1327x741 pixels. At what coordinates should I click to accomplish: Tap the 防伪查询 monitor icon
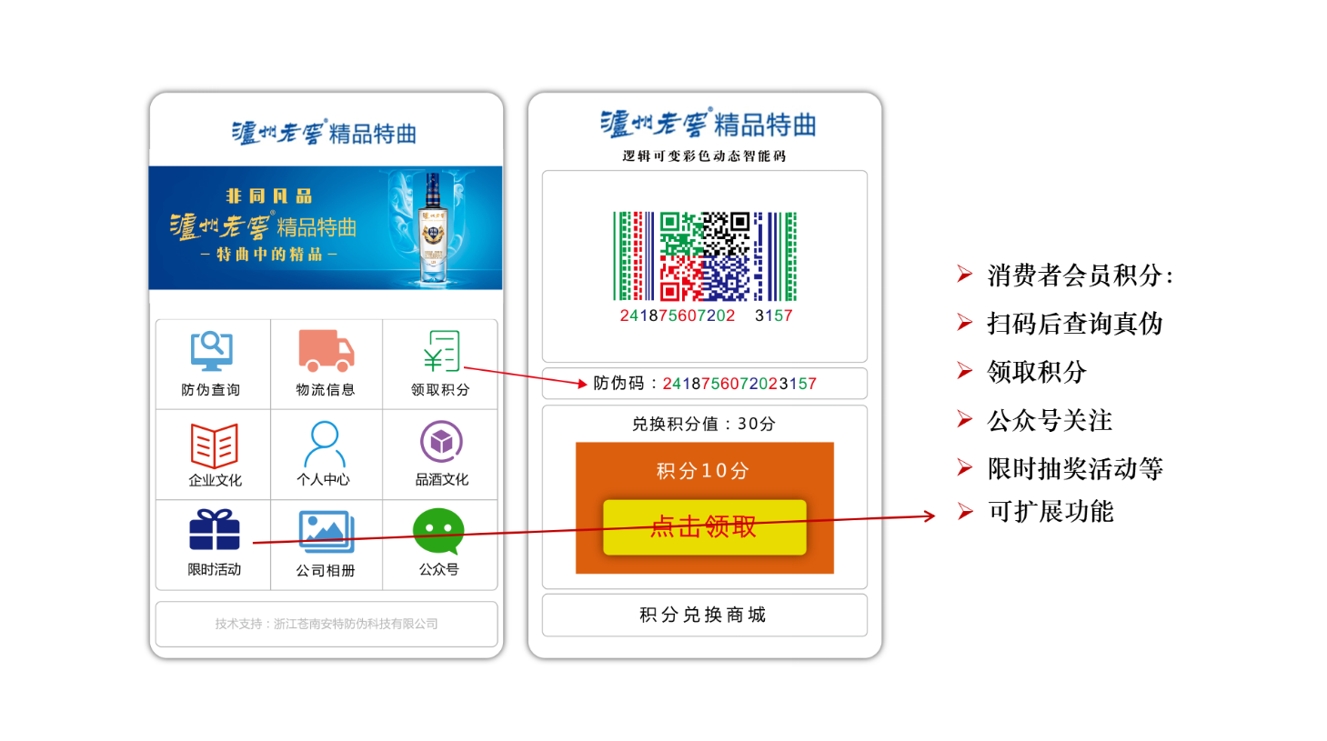(212, 351)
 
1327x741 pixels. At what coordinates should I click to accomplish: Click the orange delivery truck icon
(327, 350)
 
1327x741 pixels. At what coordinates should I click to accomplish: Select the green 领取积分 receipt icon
(442, 351)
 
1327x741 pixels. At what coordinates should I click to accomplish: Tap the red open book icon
(215, 445)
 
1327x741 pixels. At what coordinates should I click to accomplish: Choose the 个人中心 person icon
(324, 444)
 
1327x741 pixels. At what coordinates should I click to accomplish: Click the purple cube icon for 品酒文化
(441, 441)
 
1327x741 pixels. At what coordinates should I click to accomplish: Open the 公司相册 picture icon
(327, 531)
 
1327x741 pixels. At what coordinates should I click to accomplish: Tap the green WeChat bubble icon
(438, 531)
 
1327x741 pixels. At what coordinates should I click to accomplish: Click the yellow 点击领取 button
(704, 527)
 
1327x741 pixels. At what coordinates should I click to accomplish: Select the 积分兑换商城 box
(704, 615)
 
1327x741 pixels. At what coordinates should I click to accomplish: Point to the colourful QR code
(704, 256)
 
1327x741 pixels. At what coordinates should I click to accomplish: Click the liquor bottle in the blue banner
(433, 228)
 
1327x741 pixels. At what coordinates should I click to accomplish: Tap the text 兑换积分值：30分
(704, 424)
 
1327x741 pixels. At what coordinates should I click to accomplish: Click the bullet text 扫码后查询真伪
(1075, 324)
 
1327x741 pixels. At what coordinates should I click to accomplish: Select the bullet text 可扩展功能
(1051, 511)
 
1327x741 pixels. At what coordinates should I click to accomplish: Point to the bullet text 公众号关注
(1050, 421)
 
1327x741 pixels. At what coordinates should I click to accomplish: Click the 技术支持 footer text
(327, 624)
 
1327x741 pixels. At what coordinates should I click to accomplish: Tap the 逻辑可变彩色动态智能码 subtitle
(704, 155)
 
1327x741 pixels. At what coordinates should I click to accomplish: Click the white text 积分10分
(703, 471)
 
